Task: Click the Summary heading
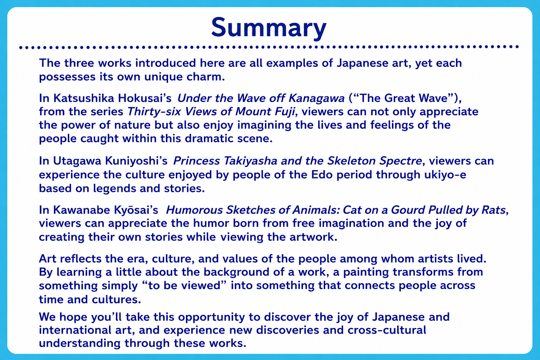pos(269,28)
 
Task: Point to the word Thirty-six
pos(154,112)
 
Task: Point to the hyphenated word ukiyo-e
pos(445,175)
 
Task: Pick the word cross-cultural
pos(387,330)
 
